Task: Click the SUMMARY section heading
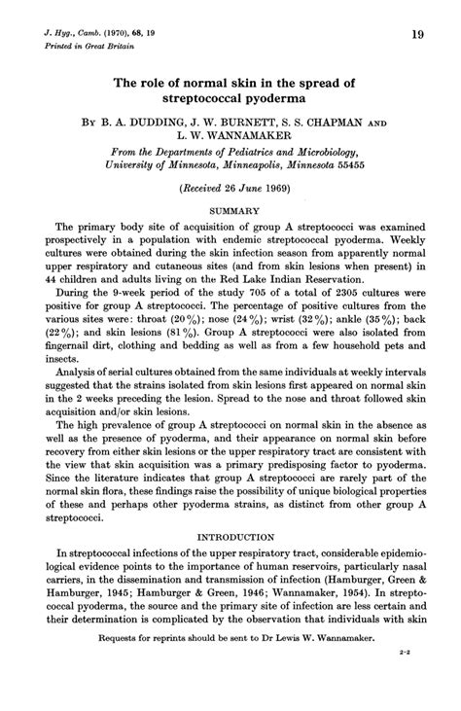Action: coord(230,210)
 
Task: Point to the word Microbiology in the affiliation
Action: coord(319,152)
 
